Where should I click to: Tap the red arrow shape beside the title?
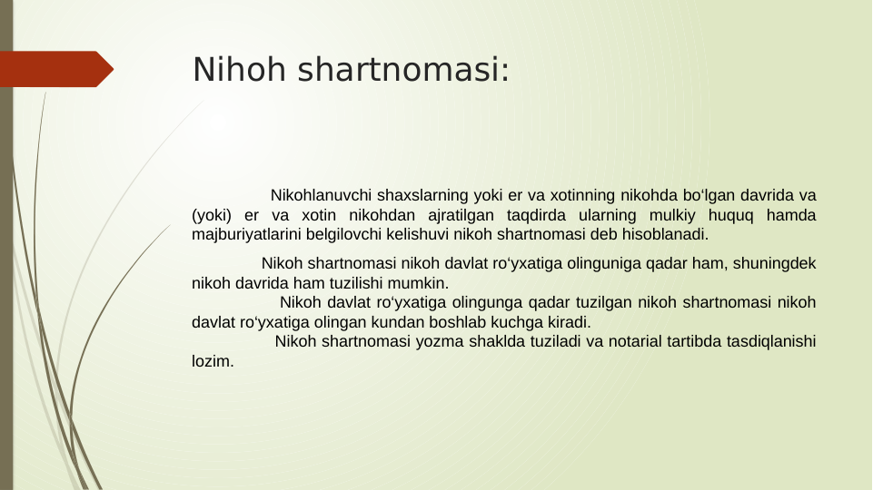(55, 69)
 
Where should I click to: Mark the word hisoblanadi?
(663, 235)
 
